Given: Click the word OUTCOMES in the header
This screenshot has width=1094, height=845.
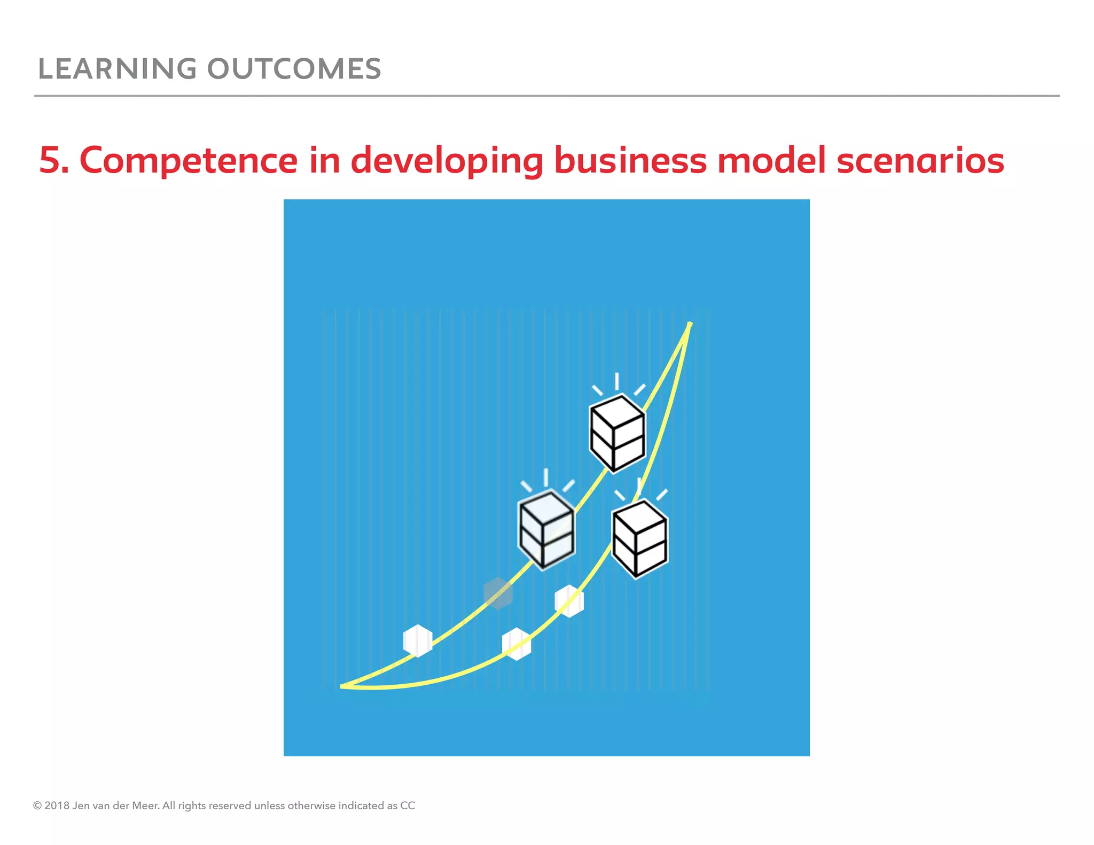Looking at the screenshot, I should click(x=294, y=69).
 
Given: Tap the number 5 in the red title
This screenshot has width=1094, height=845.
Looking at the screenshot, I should click(x=51, y=160).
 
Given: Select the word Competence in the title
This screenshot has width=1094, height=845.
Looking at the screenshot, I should click(x=188, y=160).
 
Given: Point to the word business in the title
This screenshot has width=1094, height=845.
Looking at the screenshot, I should click(x=630, y=160).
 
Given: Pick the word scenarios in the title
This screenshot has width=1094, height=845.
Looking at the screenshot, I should click(x=920, y=160).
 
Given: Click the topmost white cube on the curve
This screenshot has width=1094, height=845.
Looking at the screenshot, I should click(x=617, y=433).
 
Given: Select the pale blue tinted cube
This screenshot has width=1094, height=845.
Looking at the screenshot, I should click(x=546, y=530).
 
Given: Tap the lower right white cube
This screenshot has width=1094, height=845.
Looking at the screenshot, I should click(x=639, y=538).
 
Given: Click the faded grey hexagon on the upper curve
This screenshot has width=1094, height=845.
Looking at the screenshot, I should click(x=498, y=593).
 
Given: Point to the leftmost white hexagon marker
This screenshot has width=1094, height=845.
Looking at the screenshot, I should click(x=418, y=640).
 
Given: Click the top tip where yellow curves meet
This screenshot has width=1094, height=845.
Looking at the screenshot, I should click(x=690, y=324).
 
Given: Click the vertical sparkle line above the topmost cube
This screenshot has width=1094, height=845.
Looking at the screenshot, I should click(x=617, y=381).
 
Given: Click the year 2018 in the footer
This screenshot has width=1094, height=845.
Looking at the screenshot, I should click(x=57, y=805).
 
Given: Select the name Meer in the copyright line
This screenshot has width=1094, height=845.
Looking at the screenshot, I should click(x=145, y=805).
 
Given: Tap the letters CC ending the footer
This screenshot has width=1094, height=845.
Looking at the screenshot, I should click(x=408, y=805).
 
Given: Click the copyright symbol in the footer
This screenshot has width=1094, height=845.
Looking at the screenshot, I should click(x=37, y=805).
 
